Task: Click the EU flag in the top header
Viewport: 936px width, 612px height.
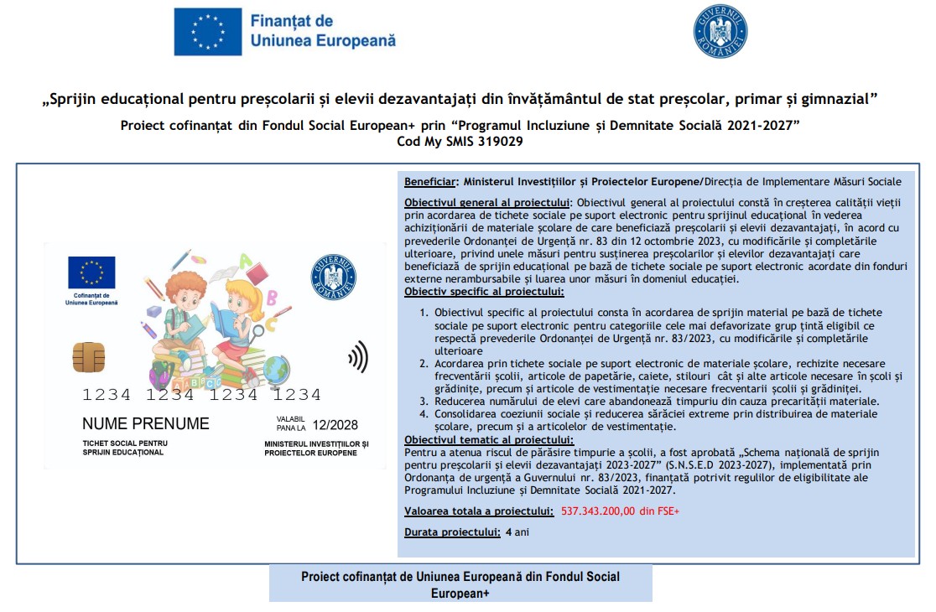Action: point(207,32)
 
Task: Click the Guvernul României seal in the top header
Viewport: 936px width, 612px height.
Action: point(720,32)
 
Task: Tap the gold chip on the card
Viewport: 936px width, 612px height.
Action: point(89,356)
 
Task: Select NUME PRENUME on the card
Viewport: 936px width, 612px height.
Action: point(146,423)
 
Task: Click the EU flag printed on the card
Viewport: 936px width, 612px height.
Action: point(92,272)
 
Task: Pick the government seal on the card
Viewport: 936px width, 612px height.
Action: point(333,277)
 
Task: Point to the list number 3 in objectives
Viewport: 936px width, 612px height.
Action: point(424,402)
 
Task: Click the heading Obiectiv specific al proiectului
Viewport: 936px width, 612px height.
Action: point(484,292)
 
